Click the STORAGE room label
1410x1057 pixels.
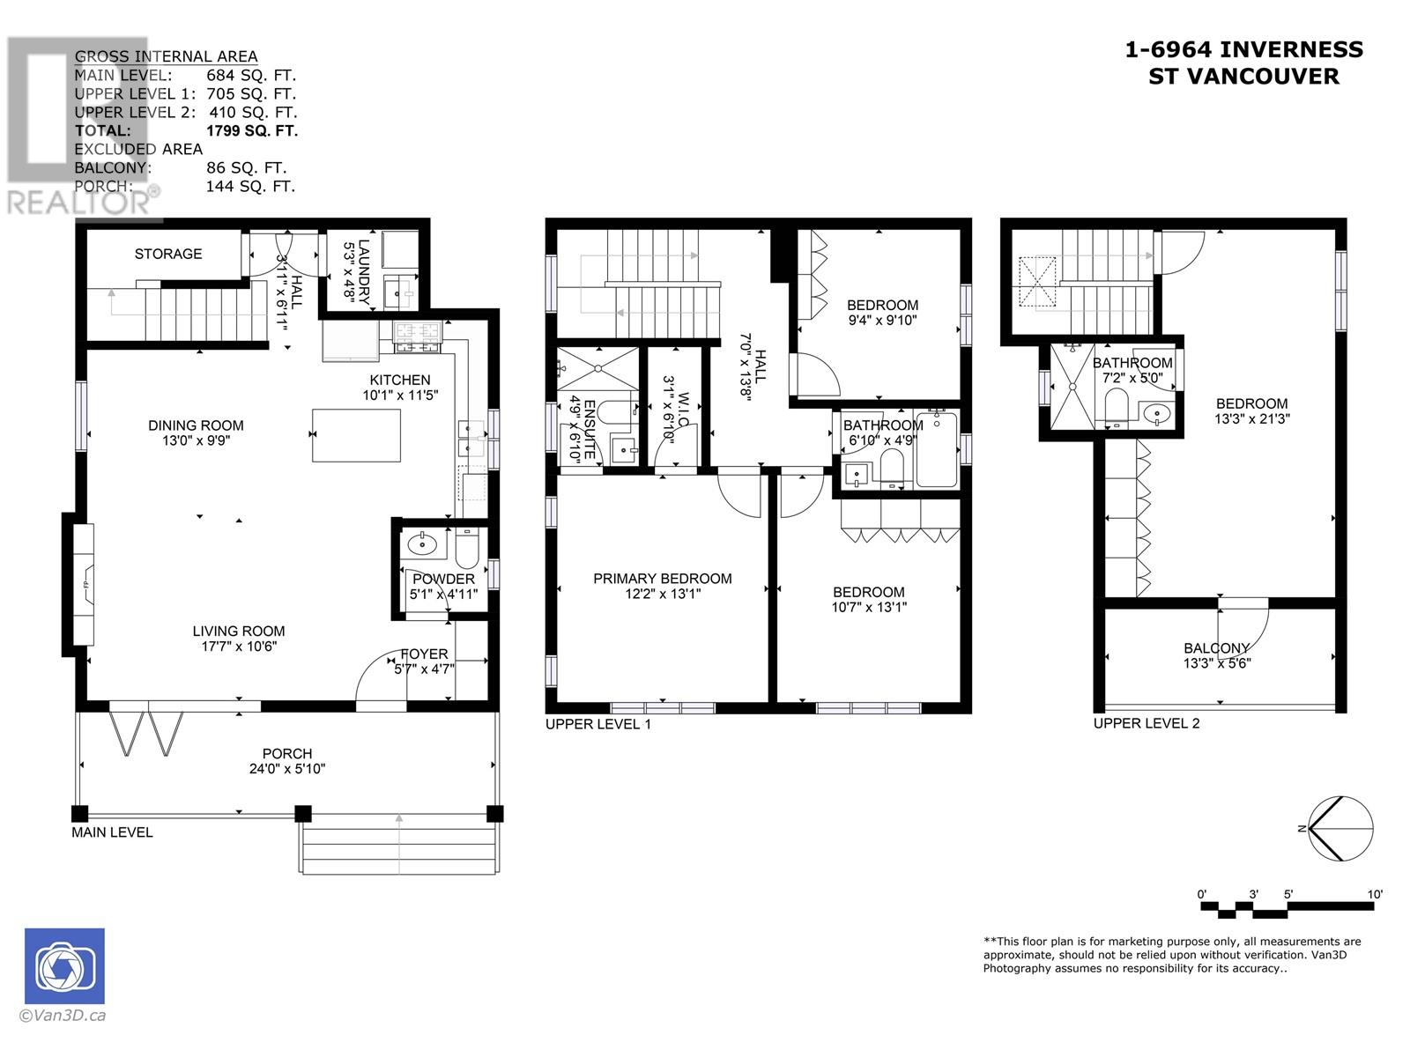[x=168, y=255]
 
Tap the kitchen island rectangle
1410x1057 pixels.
[x=357, y=435]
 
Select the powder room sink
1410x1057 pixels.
[x=422, y=545]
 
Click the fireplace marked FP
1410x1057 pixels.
[x=84, y=584]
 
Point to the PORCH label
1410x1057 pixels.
[x=287, y=753]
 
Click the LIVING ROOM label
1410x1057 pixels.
[x=238, y=631]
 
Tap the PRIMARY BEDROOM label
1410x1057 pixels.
[x=663, y=578]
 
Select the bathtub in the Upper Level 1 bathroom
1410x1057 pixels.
[x=937, y=449]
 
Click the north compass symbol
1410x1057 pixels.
[x=1340, y=829]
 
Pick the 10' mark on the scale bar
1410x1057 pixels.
[x=1375, y=895]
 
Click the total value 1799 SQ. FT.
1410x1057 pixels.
[x=252, y=131]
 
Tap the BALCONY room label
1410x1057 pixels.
[x=1217, y=648]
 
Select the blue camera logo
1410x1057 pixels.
[x=64, y=966]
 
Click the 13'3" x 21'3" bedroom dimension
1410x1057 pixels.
[x=1252, y=419]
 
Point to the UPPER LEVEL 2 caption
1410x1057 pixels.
[x=1147, y=723]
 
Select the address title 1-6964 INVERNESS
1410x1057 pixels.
[x=1243, y=49]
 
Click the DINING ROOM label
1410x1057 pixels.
[x=196, y=425]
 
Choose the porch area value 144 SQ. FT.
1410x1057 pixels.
[x=250, y=187]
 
